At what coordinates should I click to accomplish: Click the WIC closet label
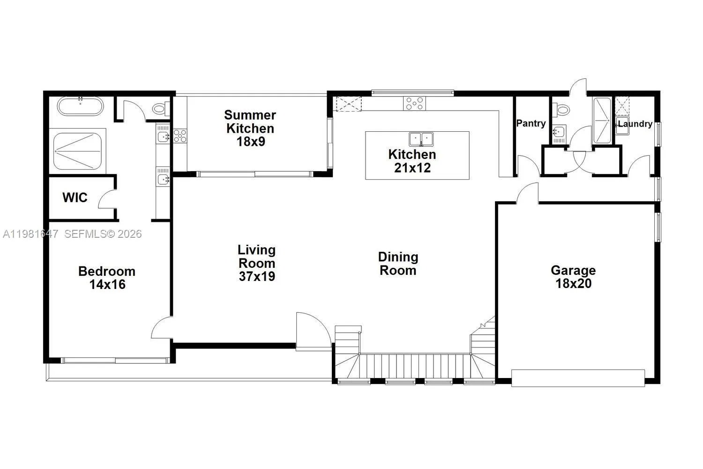pyautogui.click(x=75, y=197)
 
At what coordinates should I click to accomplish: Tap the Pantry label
pyautogui.click(x=531, y=123)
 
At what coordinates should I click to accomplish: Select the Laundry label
pyautogui.click(x=635, y=124)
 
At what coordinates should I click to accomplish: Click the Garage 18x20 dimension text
pyautogui.click(x=574, y=283)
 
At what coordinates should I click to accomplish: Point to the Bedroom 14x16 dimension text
pyautogui.click(x=107, y=284)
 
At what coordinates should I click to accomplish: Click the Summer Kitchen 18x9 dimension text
pyautogui.click(x=251, y=141)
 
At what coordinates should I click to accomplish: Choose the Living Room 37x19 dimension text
pyautogui.click(x=257, y=276)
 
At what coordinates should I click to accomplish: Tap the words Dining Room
pyautogui.click(x=398, y=264)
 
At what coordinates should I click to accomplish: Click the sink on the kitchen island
pyautogui.click(x=421, y=139)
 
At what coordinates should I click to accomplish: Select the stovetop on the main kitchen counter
pyautogui.click(x=415, y=103)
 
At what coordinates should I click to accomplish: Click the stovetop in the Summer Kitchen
pyautogui.click(x=180, y=136)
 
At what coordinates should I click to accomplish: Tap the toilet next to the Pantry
pyautogui.click(x=561, y=109)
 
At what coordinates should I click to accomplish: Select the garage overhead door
pyautogui.click(x=578, y=378)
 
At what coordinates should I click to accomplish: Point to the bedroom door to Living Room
pyautogui.click(x=161, y=328)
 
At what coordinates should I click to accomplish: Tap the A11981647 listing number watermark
pyautogui.click(x=30, y=234)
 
